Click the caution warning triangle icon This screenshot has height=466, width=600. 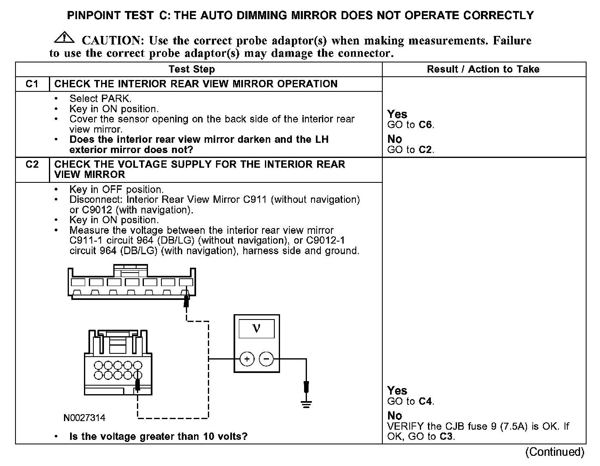coord(64,38)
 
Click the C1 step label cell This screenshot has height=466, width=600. coord(32,84)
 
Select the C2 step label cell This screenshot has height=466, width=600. coord(32,164)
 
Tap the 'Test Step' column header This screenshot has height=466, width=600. coord(192,69)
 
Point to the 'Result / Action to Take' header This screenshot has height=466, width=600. coord(483,69)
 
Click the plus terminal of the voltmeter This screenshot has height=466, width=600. coord(247,359)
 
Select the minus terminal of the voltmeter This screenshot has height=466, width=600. coord(267,359)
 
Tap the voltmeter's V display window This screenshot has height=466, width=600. coord(256,329)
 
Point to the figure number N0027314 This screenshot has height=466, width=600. coord(84,418)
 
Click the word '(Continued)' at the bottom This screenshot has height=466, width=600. coord(555,452)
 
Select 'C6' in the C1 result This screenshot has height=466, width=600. coord(426,125)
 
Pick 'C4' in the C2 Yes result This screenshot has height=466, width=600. coord(426,401)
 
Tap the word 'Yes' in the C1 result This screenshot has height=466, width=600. coord(397,114)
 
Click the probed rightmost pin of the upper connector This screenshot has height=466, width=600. coord(186,282)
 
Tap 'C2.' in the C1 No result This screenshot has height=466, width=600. coord(426,150)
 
